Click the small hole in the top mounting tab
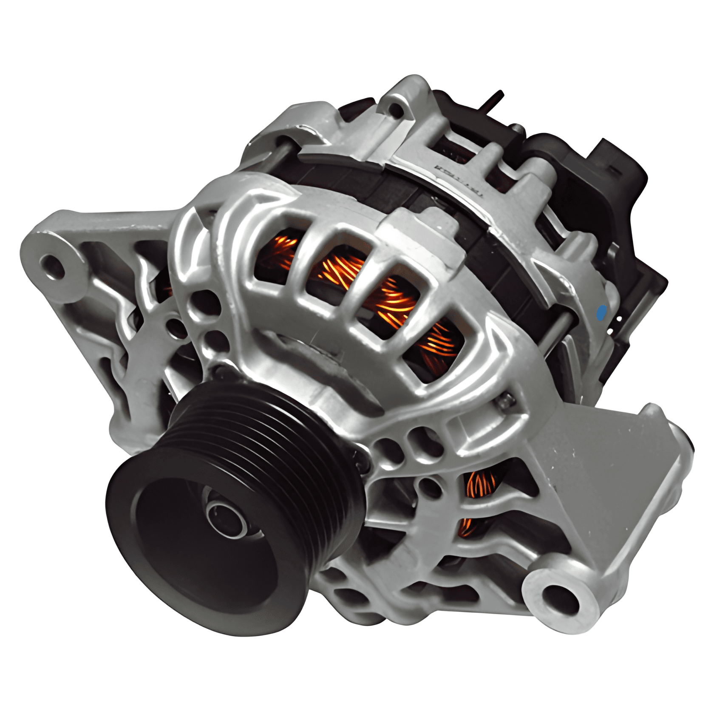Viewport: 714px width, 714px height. point(396,110)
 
